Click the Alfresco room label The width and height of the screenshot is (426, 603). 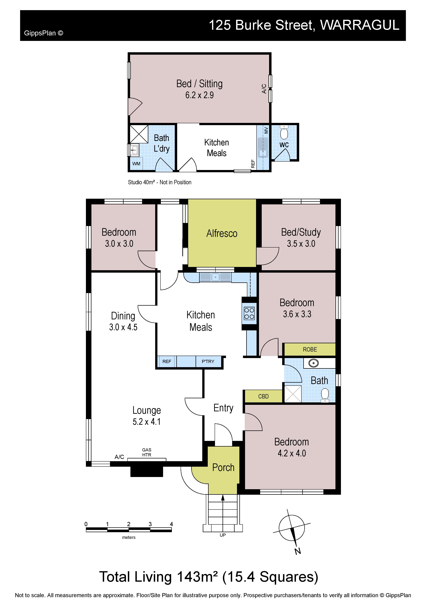coord(222,233)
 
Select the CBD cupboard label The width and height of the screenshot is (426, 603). coord(263,396)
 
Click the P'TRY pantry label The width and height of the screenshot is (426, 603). coord(208,361)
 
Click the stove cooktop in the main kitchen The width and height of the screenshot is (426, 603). coord(249,313)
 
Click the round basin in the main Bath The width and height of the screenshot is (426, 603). coord(313,363)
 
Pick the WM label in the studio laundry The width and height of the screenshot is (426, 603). coord(136,164)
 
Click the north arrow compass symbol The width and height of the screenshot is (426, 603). coord(292,531)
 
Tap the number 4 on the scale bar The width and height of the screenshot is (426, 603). coord(171,524)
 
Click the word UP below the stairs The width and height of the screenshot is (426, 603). coord(223,535)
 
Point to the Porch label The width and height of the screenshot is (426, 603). coord(223,468)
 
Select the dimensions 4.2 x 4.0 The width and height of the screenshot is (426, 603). coord(292,453)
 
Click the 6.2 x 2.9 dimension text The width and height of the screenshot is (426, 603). coord(200,95)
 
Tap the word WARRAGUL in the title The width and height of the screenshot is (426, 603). coord(360,25)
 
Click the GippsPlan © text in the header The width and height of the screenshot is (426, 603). coord(44,33)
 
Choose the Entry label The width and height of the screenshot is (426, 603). coord(223,408)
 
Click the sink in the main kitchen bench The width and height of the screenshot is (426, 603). coord(215,277)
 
